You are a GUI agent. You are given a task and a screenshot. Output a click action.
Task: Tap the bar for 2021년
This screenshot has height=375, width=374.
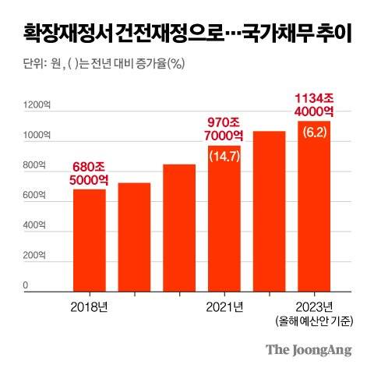click(x=224, y=218)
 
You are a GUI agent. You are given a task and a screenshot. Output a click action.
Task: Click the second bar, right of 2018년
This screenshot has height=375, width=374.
click(x=134, y=237)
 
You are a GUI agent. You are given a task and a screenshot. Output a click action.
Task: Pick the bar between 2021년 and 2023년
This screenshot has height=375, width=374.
click(x=270, y=211)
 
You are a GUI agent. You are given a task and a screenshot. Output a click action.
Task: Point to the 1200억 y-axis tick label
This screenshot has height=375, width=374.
click(x=34, y=104)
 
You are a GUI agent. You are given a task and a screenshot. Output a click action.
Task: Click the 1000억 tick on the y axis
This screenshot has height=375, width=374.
click(x=34, y=136)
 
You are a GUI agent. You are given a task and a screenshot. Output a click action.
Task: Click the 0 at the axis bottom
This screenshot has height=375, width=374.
click(x=25, y=286)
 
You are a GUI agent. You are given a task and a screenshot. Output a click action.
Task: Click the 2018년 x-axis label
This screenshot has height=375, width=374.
click(x=90, y=305)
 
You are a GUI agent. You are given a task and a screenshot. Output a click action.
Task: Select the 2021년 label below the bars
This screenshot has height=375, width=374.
click(x=224, y=305)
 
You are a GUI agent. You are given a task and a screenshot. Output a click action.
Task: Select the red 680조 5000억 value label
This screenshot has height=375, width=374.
click(x=90, y=173)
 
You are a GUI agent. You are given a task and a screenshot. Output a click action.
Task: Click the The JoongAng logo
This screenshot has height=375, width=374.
click(x=308, y=349)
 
